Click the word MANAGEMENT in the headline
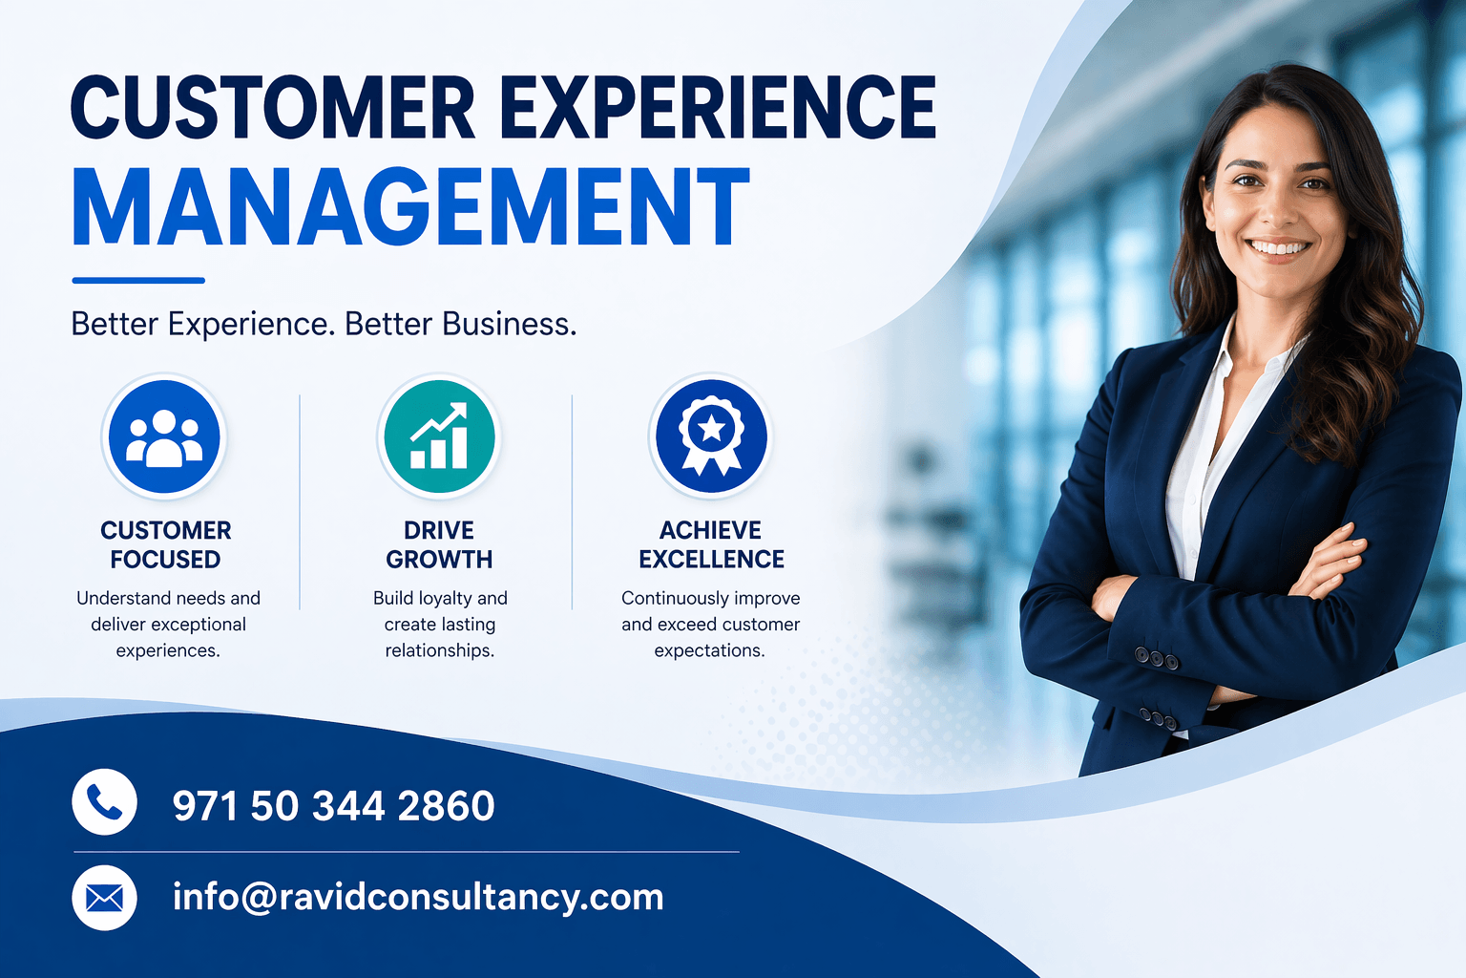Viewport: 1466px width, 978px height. point(410,207)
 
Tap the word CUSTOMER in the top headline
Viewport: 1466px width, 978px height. point(273,107)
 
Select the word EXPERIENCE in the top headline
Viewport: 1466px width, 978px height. point(718,107)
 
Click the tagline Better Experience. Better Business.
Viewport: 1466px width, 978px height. point(324,325)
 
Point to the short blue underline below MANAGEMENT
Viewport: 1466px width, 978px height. point(138,281)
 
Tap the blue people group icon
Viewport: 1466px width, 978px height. point(164,437)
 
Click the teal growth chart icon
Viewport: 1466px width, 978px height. point(439,437)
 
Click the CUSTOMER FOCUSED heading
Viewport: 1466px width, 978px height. point(166,544)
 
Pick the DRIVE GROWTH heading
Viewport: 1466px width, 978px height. point(439,544)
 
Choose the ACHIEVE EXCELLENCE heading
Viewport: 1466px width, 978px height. point(711,544)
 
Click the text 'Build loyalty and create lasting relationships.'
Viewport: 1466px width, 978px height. point(440,624)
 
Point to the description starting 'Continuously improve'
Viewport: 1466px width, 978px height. point(711,624)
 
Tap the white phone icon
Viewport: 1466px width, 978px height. point(104,802)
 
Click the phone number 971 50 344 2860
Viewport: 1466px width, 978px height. point(333,806)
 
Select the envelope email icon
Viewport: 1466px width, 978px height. point(104,898)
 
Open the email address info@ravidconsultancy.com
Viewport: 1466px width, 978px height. point(417,898)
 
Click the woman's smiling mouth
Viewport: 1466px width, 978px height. point(1279,248)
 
